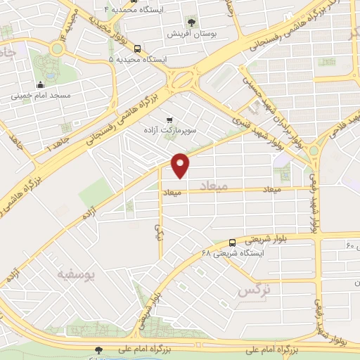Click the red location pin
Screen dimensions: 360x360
pos(181,165)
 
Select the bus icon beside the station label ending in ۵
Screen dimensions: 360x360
pos(136,49)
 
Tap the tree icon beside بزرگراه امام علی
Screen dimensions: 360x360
pos(98,349)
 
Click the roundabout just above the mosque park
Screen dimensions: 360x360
pos(57,49)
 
